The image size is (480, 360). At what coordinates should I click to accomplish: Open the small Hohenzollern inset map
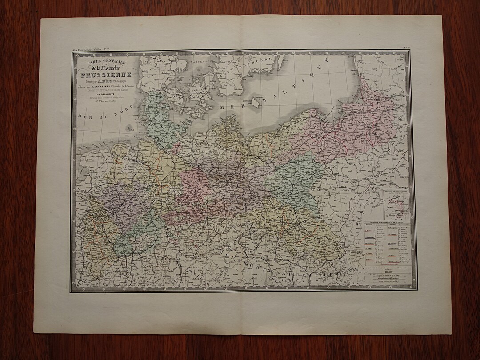coord(396,205)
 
